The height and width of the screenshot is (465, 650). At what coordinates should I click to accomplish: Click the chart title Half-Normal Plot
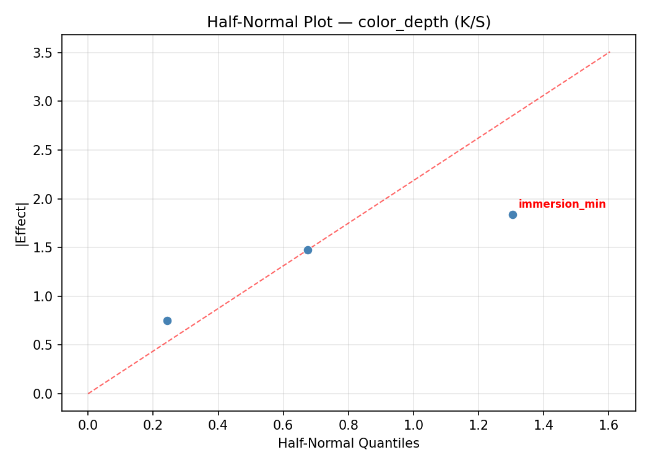[349, 22]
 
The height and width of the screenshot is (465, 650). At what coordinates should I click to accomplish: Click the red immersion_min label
[562, 204]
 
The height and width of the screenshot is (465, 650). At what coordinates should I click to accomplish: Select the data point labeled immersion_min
[513, 215]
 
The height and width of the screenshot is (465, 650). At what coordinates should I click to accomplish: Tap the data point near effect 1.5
[308, 250]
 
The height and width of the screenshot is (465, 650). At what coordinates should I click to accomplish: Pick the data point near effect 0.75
[167, 321]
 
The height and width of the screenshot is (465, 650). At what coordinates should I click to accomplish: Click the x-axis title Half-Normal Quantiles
[349, 443]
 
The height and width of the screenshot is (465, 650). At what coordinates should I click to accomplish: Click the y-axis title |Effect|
[22, 223]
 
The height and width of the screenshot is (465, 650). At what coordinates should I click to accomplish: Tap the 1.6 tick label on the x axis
[609, 425]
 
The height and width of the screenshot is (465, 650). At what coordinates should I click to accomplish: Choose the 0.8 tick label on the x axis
[349, 425]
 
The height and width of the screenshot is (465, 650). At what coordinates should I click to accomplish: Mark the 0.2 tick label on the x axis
[153, 425]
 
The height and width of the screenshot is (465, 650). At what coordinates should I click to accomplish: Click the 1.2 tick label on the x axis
[479, 425]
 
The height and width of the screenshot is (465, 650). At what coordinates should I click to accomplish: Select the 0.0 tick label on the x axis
[88, 425]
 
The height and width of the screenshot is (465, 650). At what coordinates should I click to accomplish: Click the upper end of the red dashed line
[610, 52]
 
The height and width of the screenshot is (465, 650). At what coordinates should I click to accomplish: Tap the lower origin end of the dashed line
[88, 394]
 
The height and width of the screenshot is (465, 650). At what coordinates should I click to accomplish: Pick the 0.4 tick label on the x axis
[218, 425]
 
